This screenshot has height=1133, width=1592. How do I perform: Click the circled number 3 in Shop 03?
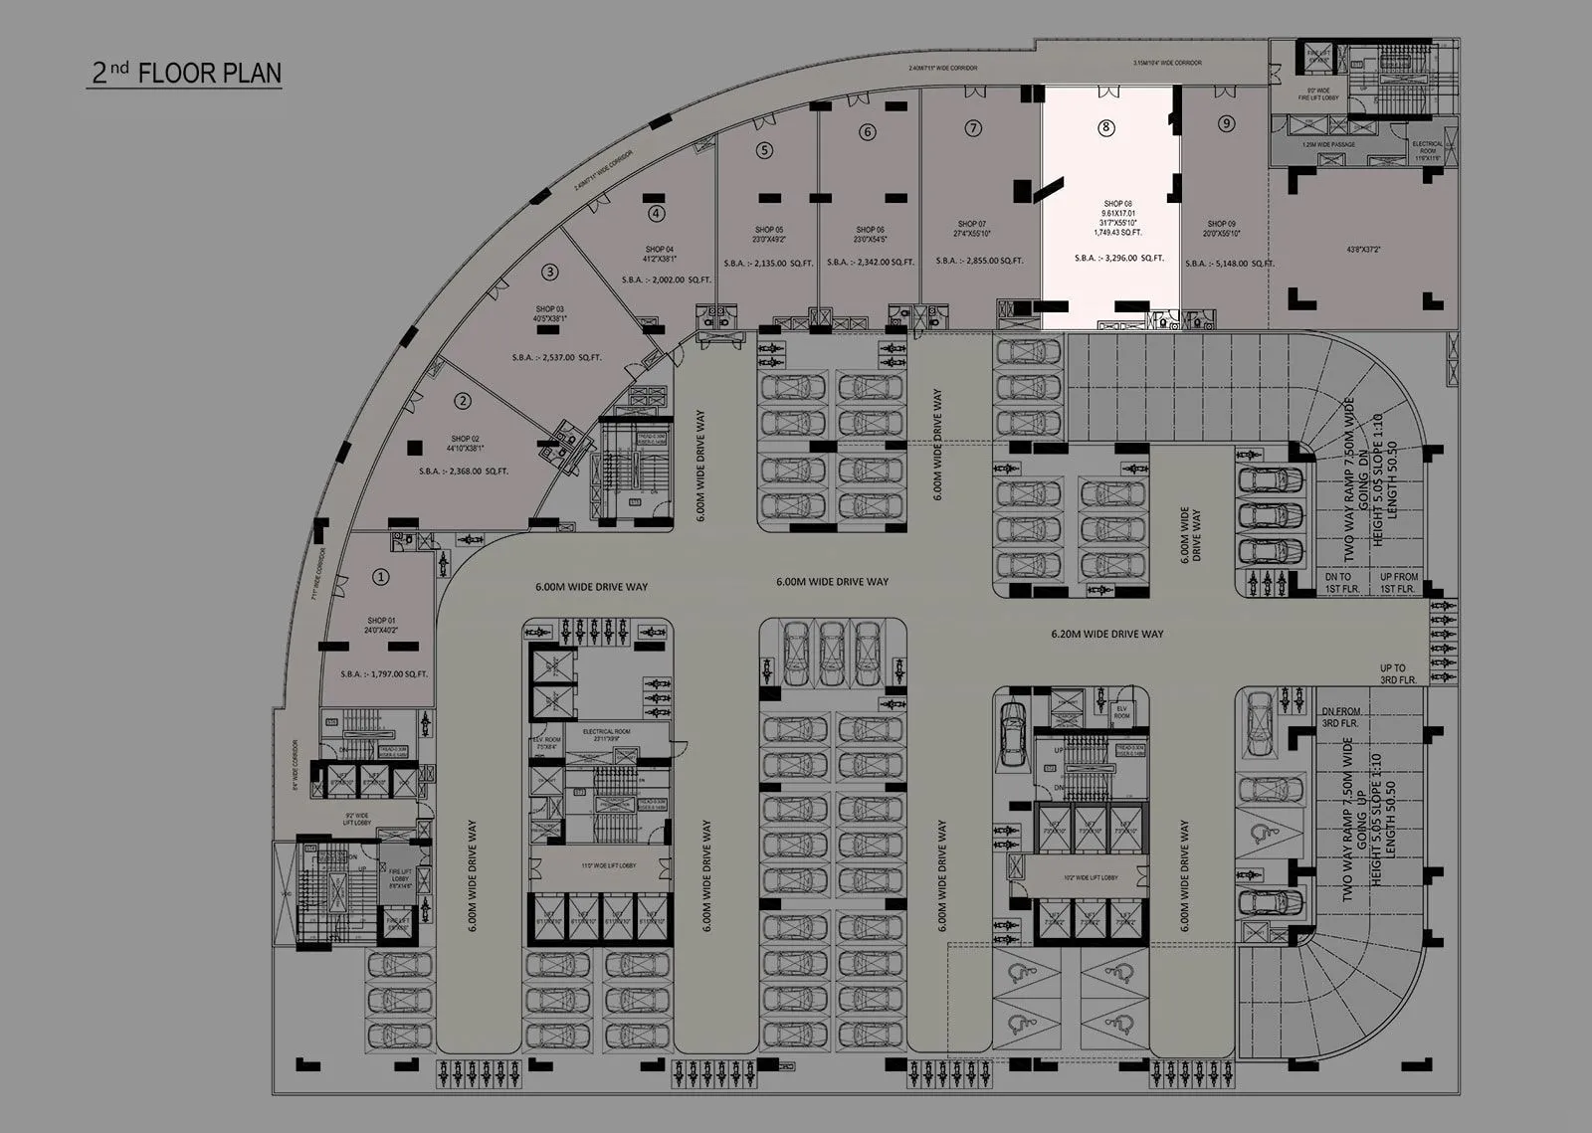(x=549, y=271)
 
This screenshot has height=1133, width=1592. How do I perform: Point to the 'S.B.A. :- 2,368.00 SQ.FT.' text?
(x=464, y=472)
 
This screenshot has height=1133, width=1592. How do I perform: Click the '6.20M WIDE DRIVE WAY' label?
(x=1107, y=634)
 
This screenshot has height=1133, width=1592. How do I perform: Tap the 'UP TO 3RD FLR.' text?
(x=1392, y=673)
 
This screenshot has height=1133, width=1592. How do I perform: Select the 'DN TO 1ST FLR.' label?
(x=1337, y=583)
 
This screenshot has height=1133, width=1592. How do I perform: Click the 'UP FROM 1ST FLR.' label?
(x=1398, y=583)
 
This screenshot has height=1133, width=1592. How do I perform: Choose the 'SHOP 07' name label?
(x=972, y=225)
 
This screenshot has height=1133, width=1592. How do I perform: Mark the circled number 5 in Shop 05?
(x=764, y=150)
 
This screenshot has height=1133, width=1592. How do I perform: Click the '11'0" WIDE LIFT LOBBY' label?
(x=609, y=866)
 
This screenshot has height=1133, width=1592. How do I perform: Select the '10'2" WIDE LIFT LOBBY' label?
(x=1091, y=878)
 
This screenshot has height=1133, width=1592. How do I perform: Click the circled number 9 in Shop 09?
(x=1226, y=123)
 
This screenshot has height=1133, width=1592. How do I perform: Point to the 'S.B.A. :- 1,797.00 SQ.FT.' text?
(x=384, y=673)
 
